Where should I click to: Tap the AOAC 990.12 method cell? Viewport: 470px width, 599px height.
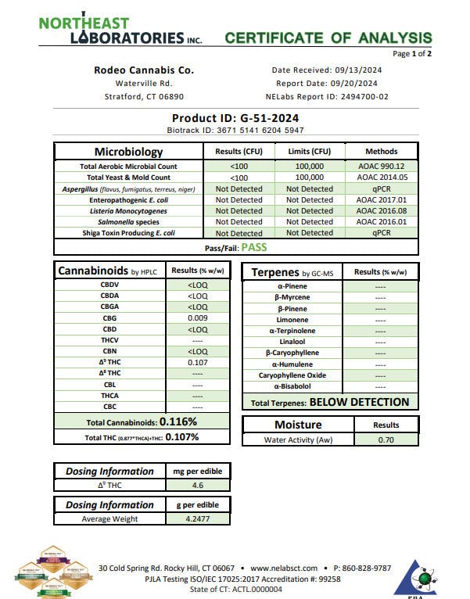(x=382, y=167)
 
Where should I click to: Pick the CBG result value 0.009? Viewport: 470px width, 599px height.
(x=198, y=318)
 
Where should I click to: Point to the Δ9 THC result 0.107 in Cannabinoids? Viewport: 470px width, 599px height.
(x=198, y=363)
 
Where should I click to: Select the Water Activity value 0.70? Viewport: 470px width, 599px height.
(x=386, y=441)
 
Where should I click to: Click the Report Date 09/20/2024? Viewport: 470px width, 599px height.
(x=327, y=83)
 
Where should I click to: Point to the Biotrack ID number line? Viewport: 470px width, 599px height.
(x=236, y=131)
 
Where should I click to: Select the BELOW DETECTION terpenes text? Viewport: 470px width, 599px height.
(x=359, y=402)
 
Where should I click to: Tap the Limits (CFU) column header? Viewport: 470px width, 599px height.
(x=310, y=151)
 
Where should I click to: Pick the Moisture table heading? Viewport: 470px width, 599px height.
(x=298, y=425)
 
